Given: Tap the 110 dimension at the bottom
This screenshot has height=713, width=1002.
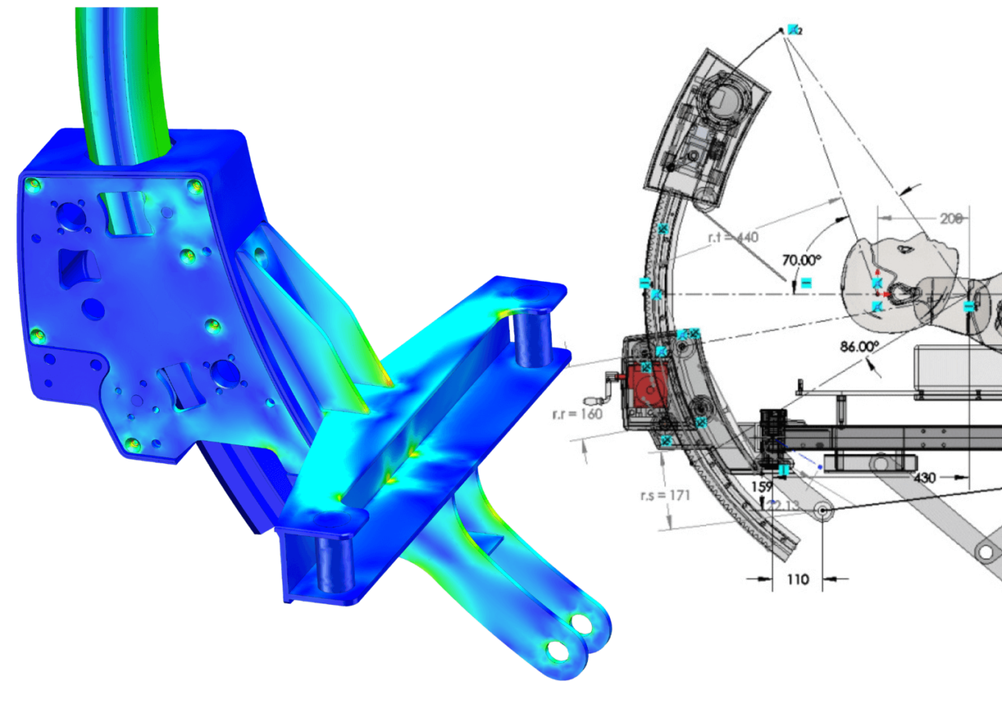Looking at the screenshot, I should click(x=798, y=580).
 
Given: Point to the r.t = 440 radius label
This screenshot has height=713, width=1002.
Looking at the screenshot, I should click(x=733, y=237).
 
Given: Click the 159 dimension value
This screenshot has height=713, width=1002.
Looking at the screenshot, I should click(x=762, y=486).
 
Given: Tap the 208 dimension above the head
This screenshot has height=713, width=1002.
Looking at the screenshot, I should click(x=950, y=220).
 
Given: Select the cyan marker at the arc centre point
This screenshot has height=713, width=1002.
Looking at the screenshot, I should click(x=793, y=30).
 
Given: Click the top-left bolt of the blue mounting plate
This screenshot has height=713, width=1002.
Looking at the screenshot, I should click(x=33, y=185).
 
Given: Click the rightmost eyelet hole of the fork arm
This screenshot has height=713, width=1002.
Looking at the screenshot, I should click(x=582, y=623).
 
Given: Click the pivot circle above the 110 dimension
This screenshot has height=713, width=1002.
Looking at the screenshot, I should click(x=823, y=512).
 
